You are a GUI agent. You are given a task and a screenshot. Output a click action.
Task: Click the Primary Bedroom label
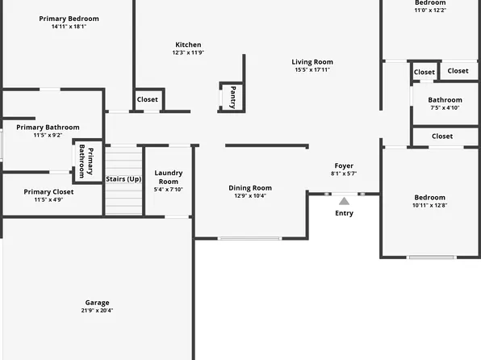point(69,18)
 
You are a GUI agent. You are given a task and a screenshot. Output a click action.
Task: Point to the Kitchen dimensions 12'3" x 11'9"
point(188,53)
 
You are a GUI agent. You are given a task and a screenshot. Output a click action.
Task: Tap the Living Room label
point(312,61)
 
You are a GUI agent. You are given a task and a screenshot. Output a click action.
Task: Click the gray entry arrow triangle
point(344,200)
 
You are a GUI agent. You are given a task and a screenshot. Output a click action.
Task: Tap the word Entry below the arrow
point(344,213)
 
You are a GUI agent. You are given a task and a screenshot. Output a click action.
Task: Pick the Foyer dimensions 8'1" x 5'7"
point(344,174)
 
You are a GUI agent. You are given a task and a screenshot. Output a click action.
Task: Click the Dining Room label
point(250,187)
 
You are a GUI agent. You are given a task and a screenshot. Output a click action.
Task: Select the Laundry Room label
point(169,177)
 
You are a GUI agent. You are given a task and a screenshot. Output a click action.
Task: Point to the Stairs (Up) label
point(123,178)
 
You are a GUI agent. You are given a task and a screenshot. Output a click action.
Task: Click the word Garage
point(97,303)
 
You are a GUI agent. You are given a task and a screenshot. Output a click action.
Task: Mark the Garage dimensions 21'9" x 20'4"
point(97,311)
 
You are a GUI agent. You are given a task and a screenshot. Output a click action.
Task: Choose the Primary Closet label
point(48,191)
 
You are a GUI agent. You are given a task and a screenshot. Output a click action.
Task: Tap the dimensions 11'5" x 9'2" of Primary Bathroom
point(48,135)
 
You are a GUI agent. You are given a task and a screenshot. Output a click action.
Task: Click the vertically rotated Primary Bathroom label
point(86,162)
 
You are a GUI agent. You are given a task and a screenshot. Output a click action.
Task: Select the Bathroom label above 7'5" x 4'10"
point(445,99)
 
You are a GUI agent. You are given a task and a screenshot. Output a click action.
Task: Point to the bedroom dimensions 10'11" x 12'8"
point(429,205)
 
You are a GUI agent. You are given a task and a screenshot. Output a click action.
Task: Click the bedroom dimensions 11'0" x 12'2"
point(430,10)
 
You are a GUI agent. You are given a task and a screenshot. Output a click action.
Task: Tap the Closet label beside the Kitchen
point(148,99)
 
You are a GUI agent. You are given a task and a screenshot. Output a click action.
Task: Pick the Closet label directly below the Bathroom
point(442,136)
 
